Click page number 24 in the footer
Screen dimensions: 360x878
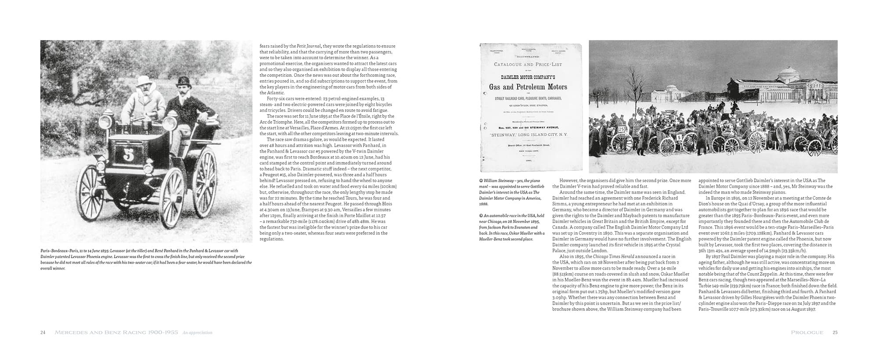[x=43, y=332]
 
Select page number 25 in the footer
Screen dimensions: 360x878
[x=835, y=332]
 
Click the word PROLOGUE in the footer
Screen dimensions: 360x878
[x=807, y=332]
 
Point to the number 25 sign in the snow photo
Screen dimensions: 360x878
[x=621, y=129]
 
